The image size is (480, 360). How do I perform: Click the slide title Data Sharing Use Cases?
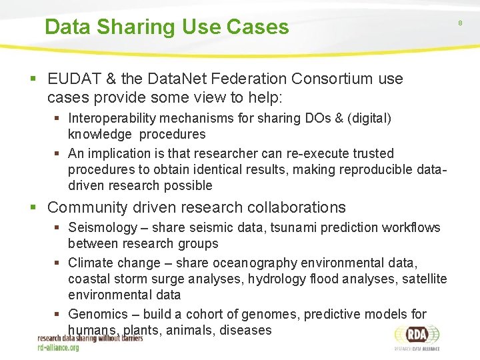167,27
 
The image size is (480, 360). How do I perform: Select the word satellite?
425,279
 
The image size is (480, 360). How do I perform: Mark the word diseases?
245,330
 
